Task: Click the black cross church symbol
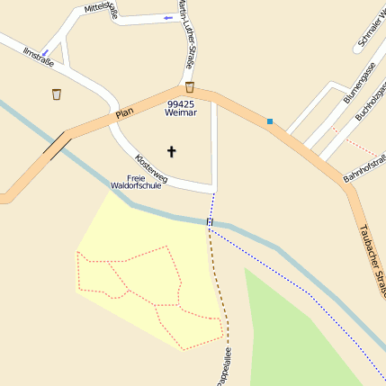(171, 152)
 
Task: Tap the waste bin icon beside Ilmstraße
(57, 94)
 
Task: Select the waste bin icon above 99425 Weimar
(190, 87)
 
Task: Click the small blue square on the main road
(269, 121)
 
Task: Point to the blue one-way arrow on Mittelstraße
(167, 18)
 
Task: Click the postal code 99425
(179, 104)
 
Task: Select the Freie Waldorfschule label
(136, 182)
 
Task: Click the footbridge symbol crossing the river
(210, 221)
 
